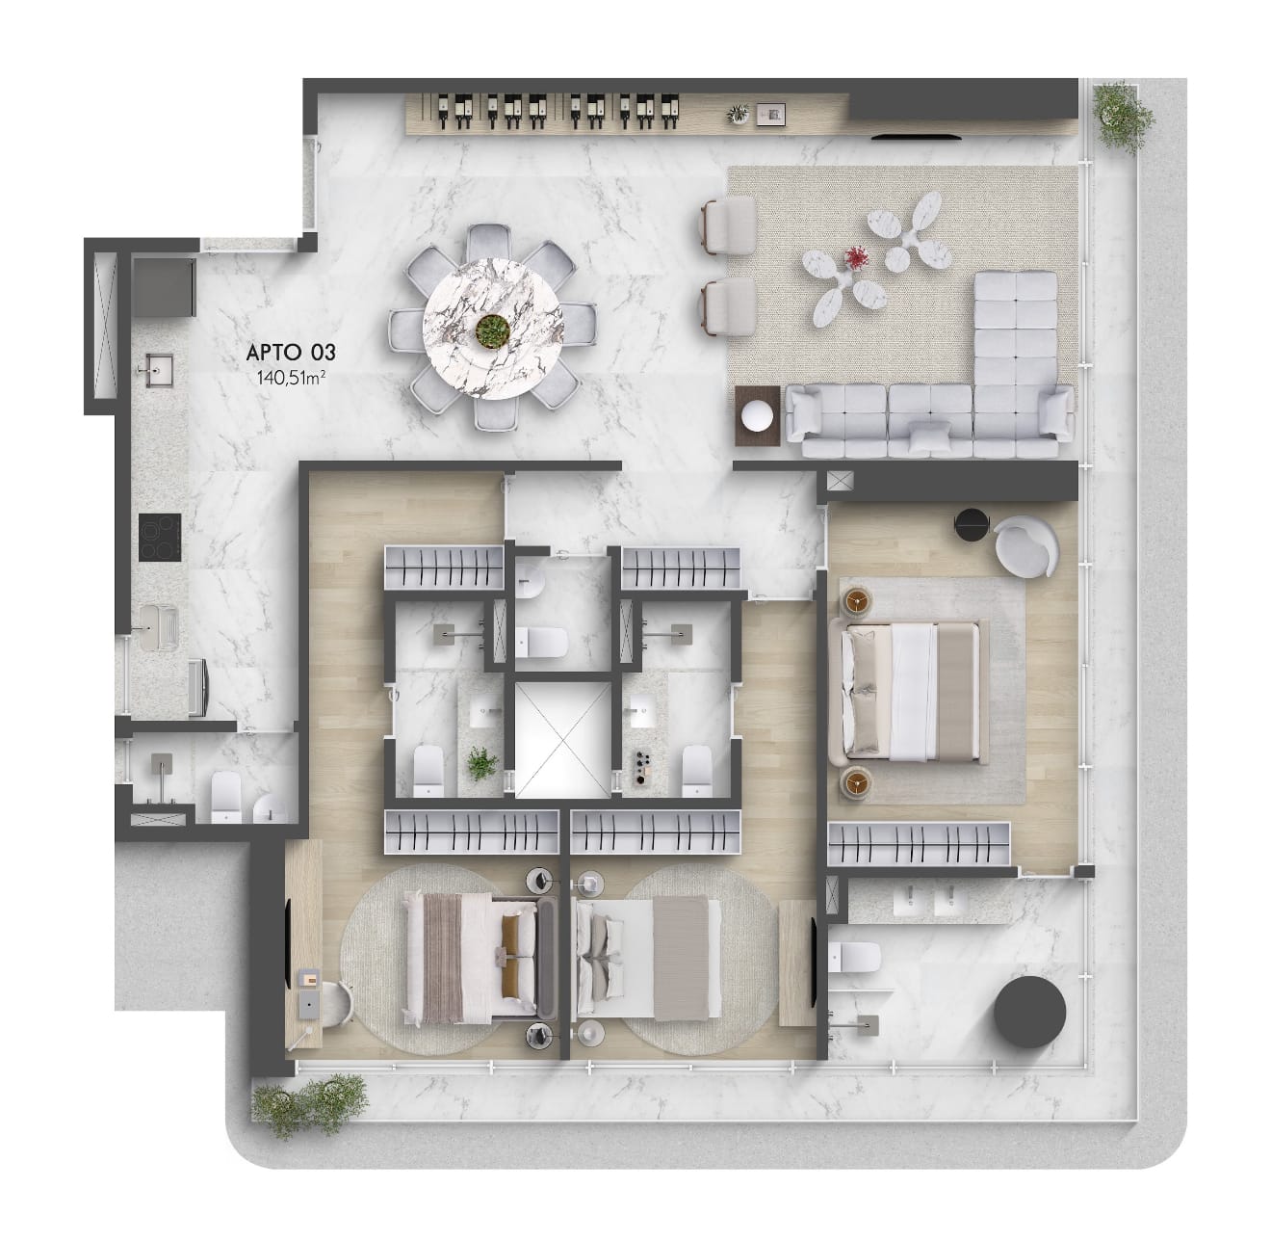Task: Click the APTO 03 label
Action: click(x=291, y=353)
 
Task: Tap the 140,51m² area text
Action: click(x=291, y=377)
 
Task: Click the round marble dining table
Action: click(x=492, y=328)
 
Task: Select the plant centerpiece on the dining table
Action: click(x=492, y=330)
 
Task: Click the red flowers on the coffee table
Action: click(x=856, y=257)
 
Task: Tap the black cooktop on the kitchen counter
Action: click(x=160, y=538)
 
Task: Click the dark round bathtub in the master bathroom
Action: click(x=1029, y=1013)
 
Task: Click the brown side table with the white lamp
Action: click(x=758, y=415)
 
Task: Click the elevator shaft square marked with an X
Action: click(x=562, y=739)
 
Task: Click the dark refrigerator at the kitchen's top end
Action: click(x=164, y=285)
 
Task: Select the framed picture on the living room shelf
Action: click(x=770, y=115)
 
